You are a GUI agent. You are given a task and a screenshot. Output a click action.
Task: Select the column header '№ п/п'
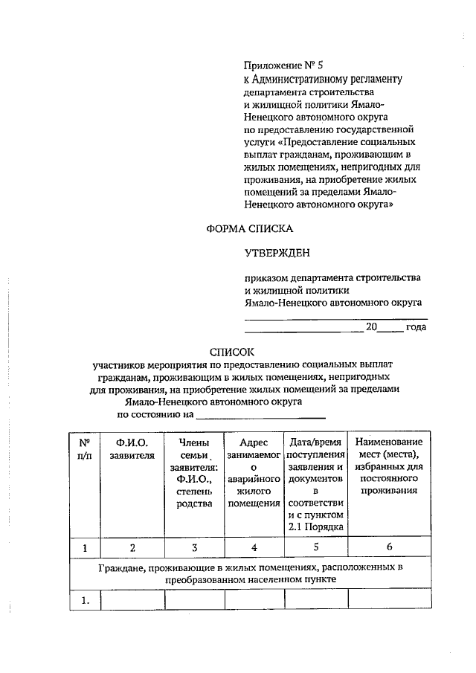point(85,449)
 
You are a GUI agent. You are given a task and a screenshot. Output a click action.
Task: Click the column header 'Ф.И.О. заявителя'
point(132,449)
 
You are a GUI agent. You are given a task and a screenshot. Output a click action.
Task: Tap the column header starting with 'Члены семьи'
point(194,473)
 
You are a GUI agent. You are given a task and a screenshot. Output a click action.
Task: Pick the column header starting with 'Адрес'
point(254,473)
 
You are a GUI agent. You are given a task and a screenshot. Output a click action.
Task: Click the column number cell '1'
point(85,548)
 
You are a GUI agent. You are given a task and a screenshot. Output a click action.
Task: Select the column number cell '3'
point(194,548)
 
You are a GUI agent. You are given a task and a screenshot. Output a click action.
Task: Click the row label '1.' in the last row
point(85,600)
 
